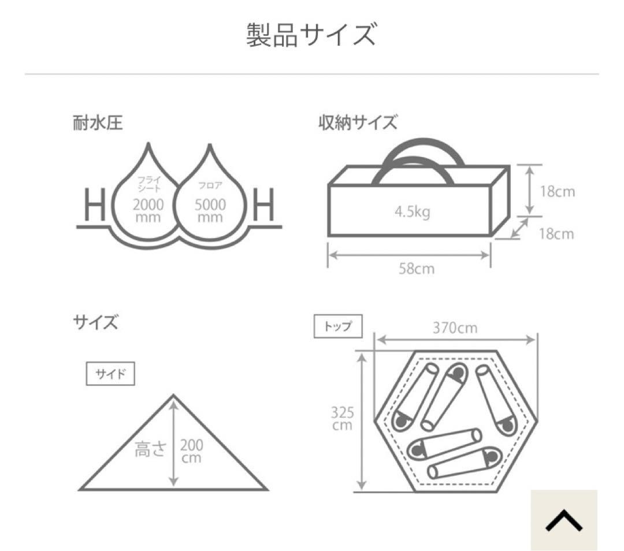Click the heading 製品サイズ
click(311, 35)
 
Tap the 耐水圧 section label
click(98, 123)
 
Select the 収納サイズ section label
click(358, 123)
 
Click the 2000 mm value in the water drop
click(148, 210)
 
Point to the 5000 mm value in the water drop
click(210, 210)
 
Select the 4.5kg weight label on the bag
click(412, 212)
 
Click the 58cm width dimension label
click(416, 269)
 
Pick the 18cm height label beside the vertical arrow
click(558, 192)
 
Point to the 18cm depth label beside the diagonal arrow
click(558, 233)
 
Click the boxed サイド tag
click(110, 373)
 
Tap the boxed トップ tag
click(338, 326)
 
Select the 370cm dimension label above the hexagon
click(455, 328)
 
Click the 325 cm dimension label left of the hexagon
click(342, 419)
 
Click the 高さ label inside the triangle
click(150, 449)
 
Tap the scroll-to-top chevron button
click(564, 520)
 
